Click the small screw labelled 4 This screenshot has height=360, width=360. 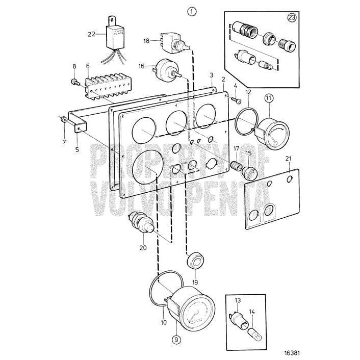[x=238, y=101]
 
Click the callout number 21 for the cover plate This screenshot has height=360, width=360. [x=289, y=159]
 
